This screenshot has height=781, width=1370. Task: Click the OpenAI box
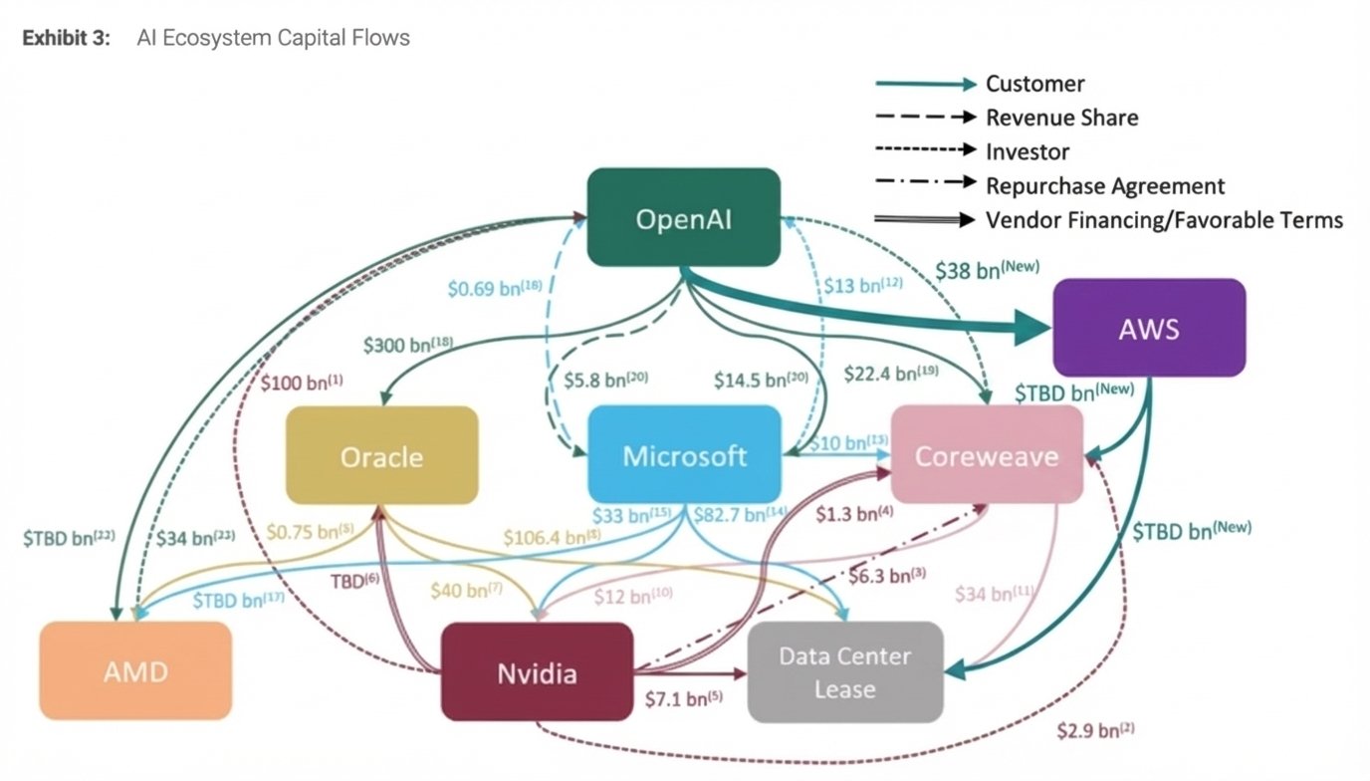pos(683,217)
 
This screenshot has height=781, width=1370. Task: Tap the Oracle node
pos(381,455)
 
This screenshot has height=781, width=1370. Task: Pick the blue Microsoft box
pos(684,455)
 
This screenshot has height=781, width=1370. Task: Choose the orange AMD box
pos(135,670)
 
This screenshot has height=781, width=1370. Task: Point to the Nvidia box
pos(537,671)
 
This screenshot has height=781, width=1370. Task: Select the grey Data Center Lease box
pos(844,671)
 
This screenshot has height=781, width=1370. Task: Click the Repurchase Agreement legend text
pos(1105,185)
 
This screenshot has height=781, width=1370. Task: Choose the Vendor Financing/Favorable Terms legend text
pos(1164,220)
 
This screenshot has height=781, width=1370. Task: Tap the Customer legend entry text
pos(1034,84)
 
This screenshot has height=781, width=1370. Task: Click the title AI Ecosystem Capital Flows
pos(273,38)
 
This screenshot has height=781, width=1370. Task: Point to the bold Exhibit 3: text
pos(66,38)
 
